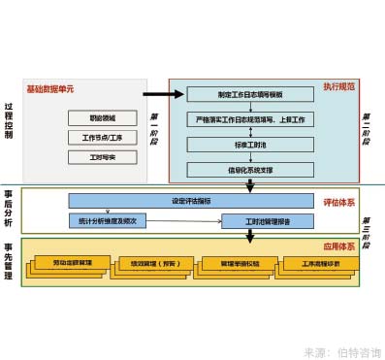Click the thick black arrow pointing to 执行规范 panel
coord(161,95)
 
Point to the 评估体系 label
coord(338,202)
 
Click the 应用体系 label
coord(338,246)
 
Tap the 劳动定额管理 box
coord(73,263)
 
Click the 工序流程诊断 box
coord(314,263)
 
